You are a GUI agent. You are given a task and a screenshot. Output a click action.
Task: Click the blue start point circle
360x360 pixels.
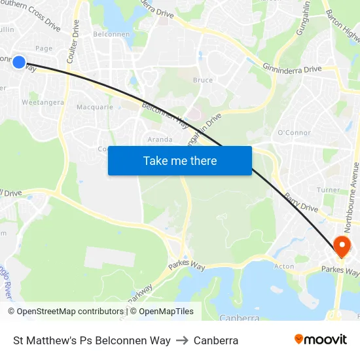pos(19,63)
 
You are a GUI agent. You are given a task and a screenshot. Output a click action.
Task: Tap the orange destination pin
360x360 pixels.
pos(341,247)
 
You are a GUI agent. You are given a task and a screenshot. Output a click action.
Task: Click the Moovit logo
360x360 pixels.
pos(320,339)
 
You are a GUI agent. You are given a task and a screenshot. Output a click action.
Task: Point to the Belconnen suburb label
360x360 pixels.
pos(111,34)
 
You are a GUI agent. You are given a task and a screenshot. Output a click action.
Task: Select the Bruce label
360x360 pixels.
pos(203,80)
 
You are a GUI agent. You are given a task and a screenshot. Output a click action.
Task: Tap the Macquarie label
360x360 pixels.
pos(95,107)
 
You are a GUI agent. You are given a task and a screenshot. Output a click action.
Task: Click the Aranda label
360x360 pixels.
pos(160,139)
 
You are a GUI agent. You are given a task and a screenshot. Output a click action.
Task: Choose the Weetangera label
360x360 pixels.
pos(43,103)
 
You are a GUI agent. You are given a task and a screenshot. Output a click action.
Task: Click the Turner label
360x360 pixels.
pos(328,190)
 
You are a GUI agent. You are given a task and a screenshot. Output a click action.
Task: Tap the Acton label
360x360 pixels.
pos(284,266)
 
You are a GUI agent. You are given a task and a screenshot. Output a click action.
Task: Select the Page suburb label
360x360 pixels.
pos(44,48)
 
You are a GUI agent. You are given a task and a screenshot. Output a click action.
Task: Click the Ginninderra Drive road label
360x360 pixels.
pos(293,68)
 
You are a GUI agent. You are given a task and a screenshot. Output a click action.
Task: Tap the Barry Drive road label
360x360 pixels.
pos(300,203)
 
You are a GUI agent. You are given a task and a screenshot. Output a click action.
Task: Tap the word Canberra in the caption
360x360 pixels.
pos(216,340)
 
